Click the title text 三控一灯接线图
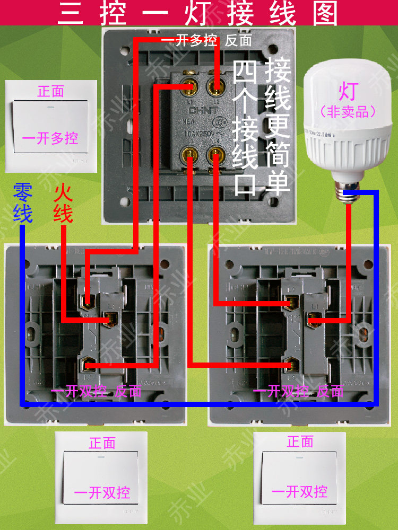[x=197, y=13]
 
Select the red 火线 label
[x=63, y=204]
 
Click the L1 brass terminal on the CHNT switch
[x=190, y=84]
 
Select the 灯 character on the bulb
[x=348, y=92]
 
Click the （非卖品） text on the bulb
[x=348, y=111]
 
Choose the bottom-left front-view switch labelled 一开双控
[x=101, y=477]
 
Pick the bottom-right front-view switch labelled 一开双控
[x=299, y=477]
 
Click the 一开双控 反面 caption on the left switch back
[x=97, y=392]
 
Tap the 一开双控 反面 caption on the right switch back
[x=298, y=392]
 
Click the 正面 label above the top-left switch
[x=51, y=91]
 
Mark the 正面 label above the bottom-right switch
[x=300, y=441]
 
